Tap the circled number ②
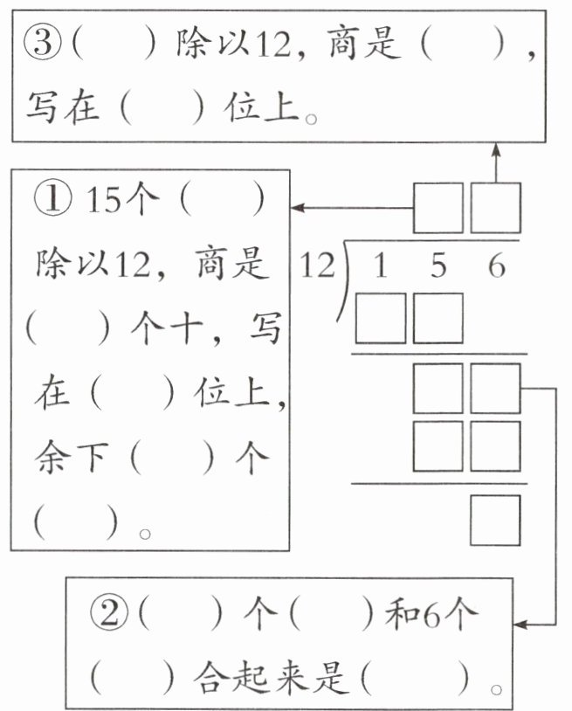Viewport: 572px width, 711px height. coord(110,616)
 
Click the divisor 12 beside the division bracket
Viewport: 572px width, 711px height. coord(315,266)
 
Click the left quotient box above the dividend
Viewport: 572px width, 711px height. coord(438,208)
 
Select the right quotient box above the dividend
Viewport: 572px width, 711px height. coord(496,208)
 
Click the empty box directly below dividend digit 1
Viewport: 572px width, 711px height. coord(380,318)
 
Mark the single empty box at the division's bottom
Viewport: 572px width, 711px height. coord(496,520)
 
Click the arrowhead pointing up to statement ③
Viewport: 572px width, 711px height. coord(496,151)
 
